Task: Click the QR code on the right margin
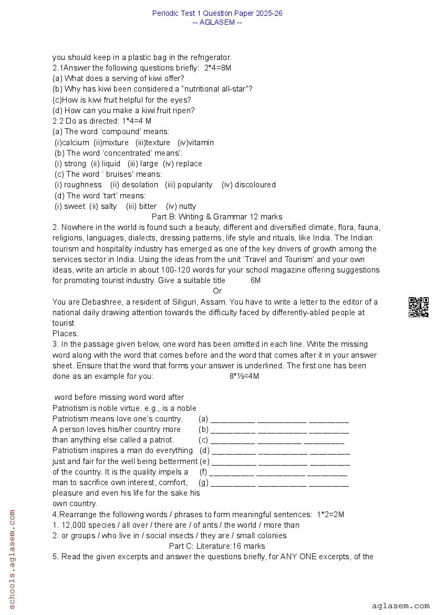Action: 418,307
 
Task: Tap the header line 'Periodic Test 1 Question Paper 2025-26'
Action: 217,13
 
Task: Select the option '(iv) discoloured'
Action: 248,185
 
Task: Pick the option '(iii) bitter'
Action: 141,206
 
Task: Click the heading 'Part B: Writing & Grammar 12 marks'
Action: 216,217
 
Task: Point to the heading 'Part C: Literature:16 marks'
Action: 217,546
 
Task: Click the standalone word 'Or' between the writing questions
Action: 217,291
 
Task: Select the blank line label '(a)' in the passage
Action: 203,419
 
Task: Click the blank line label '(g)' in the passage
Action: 203,482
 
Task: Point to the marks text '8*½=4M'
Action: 244,376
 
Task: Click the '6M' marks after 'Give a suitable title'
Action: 255,280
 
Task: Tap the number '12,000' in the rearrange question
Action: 72,525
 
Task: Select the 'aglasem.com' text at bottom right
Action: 400,606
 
